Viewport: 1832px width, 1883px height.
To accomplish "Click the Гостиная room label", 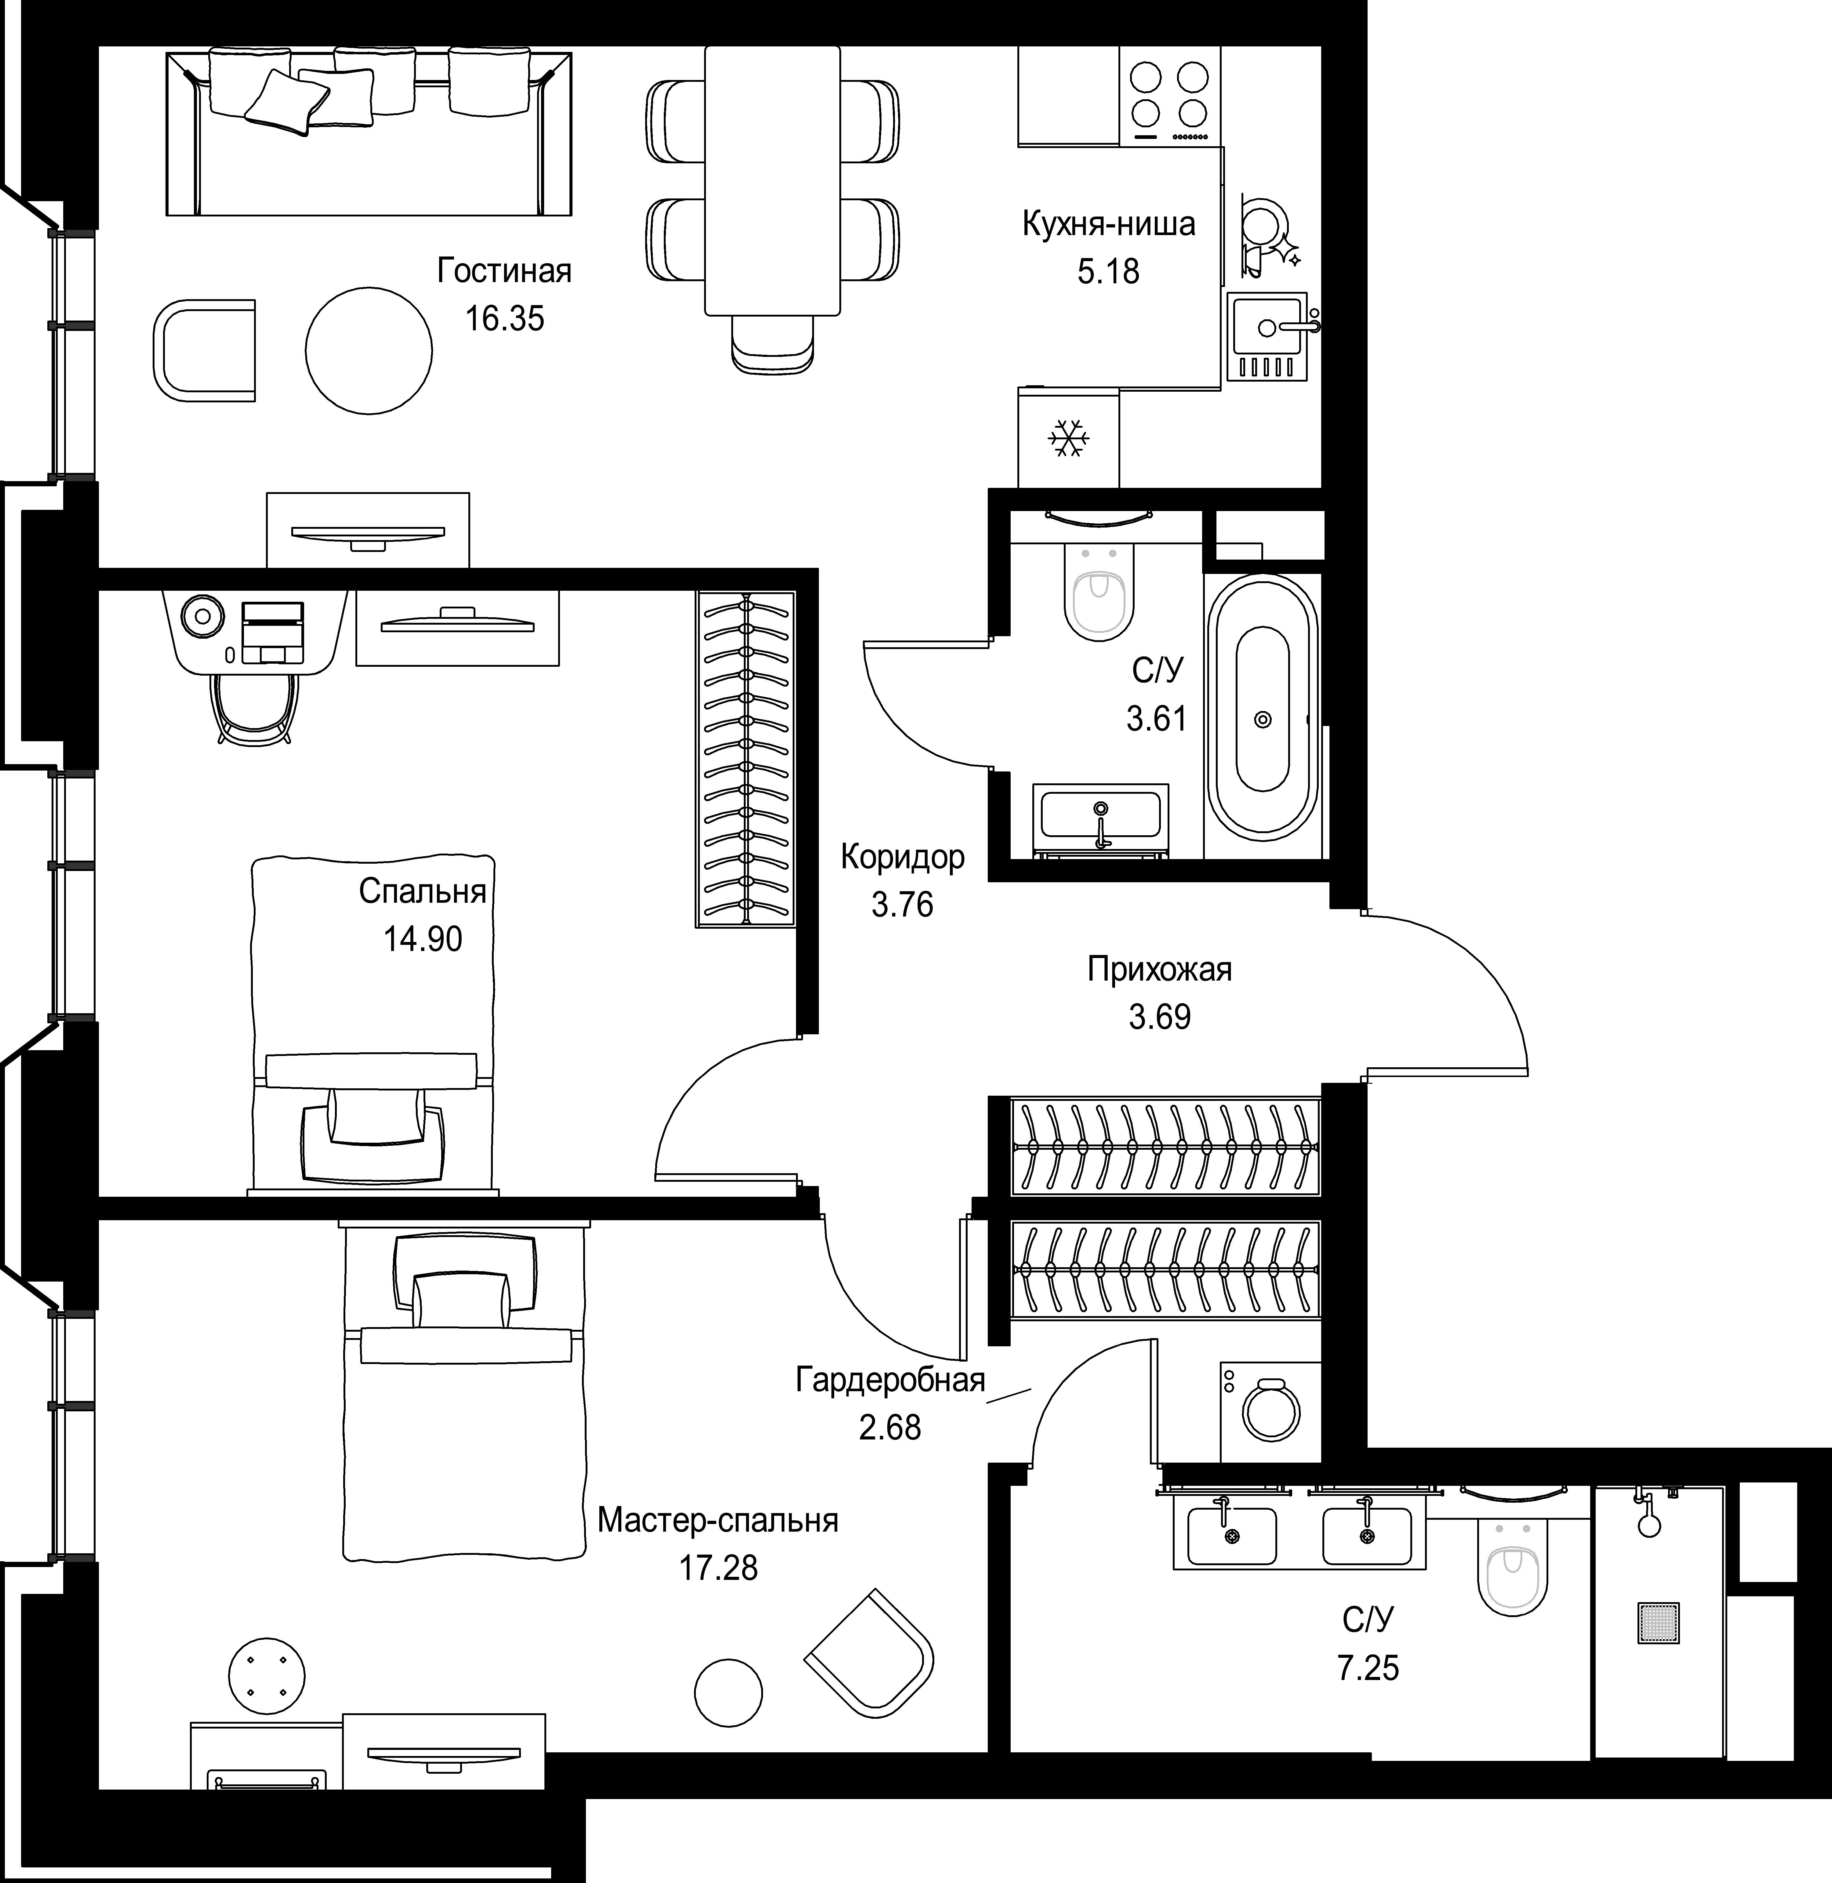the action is pos(504,271).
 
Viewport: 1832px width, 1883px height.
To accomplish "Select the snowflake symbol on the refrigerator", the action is pos(1068,439).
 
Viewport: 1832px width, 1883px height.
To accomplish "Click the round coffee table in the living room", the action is pos(369,350).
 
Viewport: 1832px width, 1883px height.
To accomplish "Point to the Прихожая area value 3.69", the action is pos(1159,1017).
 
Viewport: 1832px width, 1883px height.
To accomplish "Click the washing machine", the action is pos(1270,1412).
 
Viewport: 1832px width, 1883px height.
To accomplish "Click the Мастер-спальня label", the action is pos(718,1520).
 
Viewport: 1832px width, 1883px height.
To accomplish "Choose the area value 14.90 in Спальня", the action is pos(422,938).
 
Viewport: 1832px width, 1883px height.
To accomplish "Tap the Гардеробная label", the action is pos(890,1380).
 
